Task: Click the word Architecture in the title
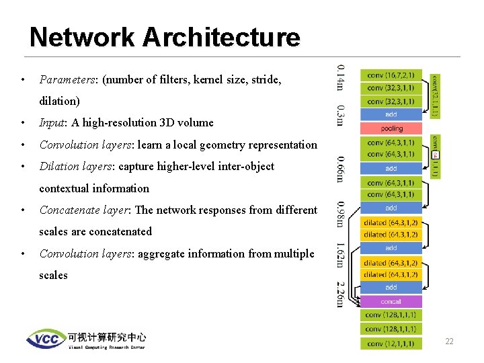click(x=218, y=37)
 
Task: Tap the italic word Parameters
click(x=67, y=79)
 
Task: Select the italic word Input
click(x=52, y=122)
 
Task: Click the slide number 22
click(x=449, y=341)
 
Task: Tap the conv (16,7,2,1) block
click(x=391, y=75)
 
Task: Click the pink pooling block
click(x=391, y=128)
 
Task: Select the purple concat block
click(x=391, y=301)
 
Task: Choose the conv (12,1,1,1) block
click(x=391, y=344)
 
